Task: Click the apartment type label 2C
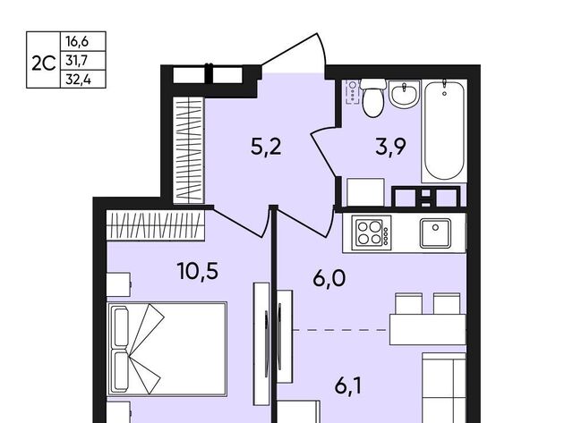[x=44, y=63]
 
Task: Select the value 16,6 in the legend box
[x=77, y=41]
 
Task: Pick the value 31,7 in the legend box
[x=77, y=60]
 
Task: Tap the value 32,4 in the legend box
[x=78, y=80]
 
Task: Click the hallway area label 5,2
[x=266, y=148]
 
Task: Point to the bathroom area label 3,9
[x=390, y=148]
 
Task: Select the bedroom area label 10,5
[x=197, y=272]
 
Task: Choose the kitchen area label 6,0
[x=329, y=279]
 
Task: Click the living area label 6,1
[x=348, y=386]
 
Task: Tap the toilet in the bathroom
[x=372, y=97]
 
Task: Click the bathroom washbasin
[x=404, y=95]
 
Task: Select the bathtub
[x=444, y=131]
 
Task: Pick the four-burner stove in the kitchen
[x=372, y=233]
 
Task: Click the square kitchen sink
[x=435, y=233]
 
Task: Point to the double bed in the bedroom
[x=167, y=349]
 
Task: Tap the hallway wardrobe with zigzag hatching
[x=188, y=149]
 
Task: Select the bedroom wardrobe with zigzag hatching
[x=155, y=225]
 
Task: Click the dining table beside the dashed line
[x=428, y=330]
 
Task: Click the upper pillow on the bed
[x=122, y=327]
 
